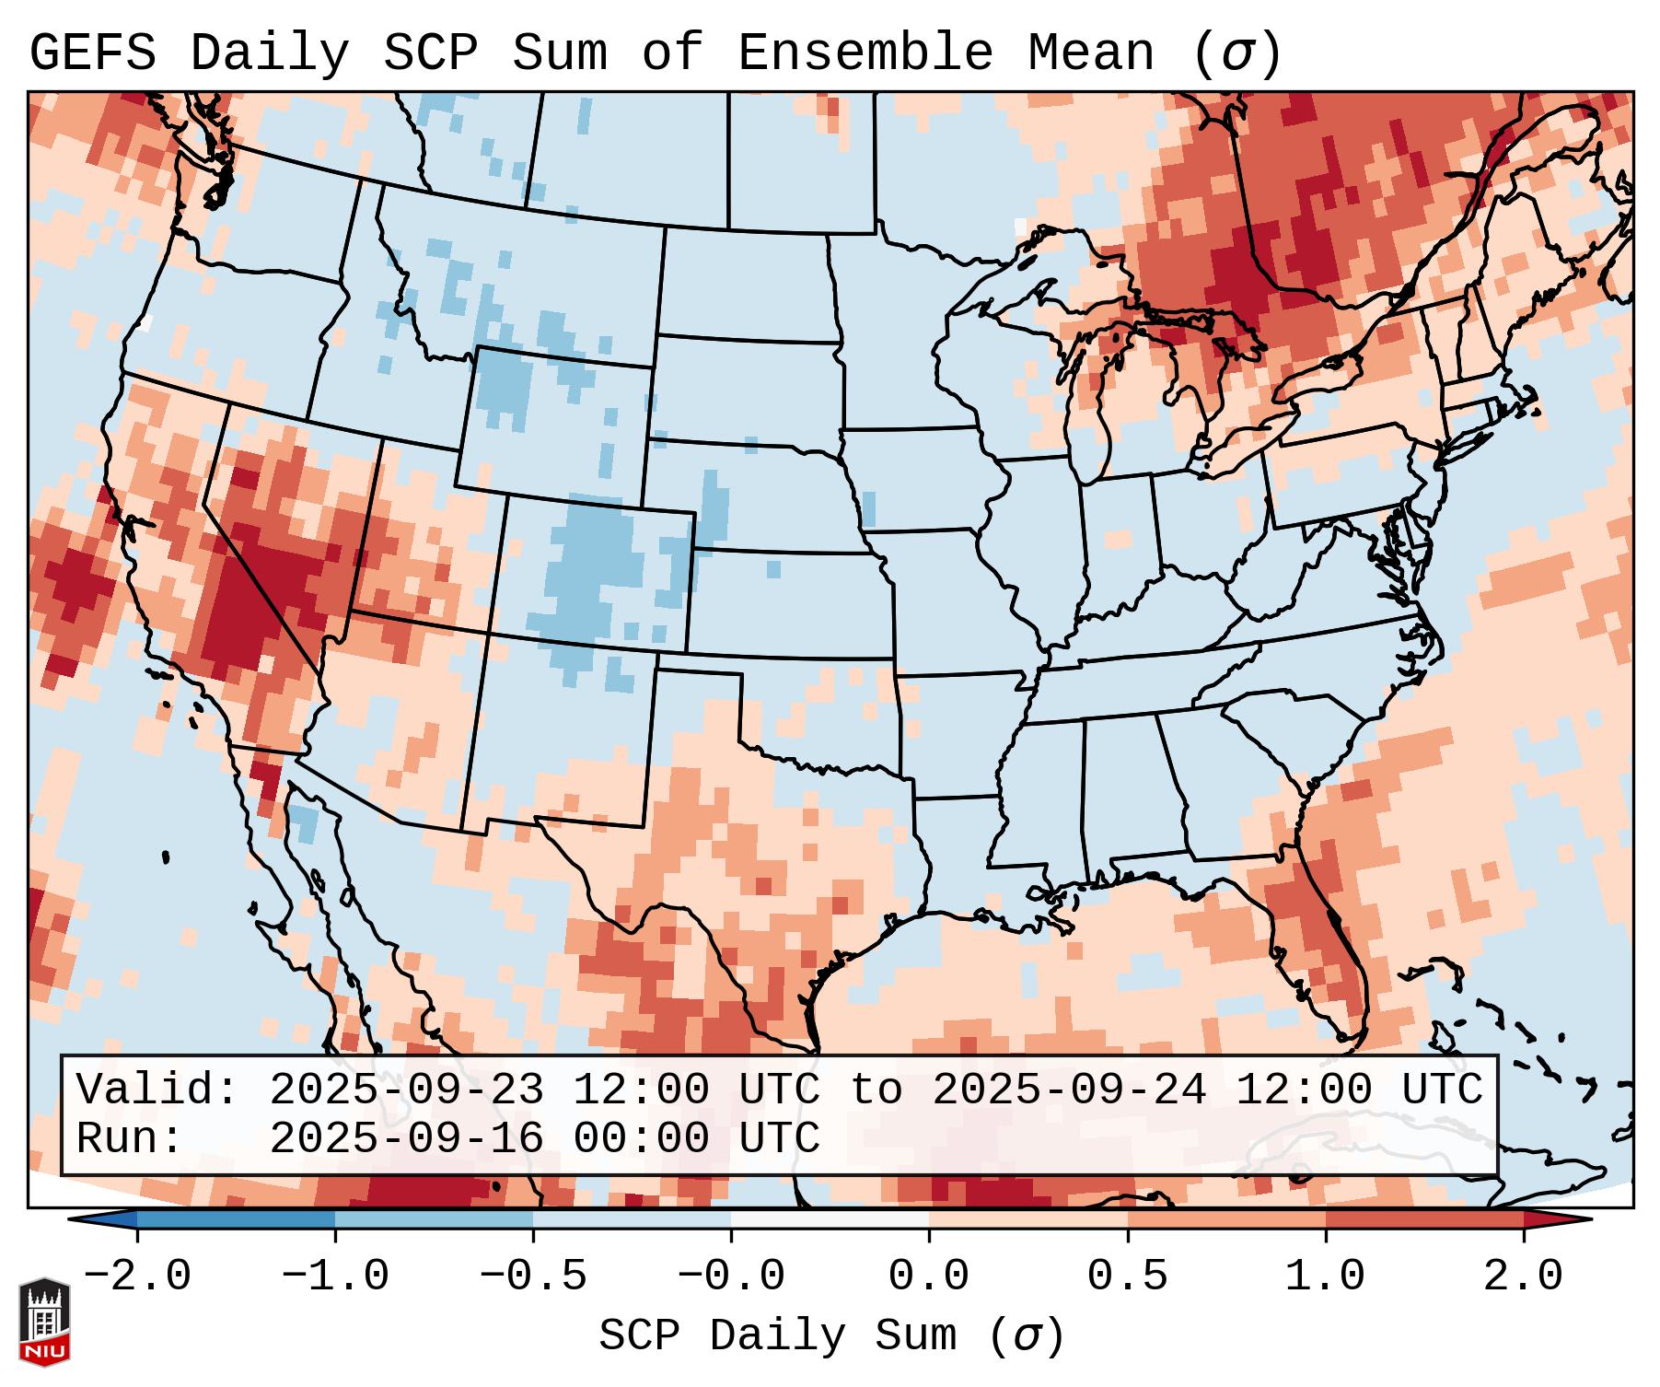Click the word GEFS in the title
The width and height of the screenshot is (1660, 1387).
coord(92,53)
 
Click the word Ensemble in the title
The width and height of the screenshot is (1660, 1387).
coord(865,53)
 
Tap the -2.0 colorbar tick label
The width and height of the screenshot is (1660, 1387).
coord(137,1276)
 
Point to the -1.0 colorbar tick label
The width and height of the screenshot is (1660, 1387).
coord(335,1276)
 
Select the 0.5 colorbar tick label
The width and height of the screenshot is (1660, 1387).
coord(1128,1276)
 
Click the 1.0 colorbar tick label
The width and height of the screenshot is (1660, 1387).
coord(1326,1276)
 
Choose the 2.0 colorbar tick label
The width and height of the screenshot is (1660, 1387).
coord(1524,1276)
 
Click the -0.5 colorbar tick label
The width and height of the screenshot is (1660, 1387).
coord(533,1276)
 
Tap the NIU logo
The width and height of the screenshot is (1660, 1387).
coord(44,1322)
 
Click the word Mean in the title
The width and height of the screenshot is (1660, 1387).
coord(1090,53)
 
